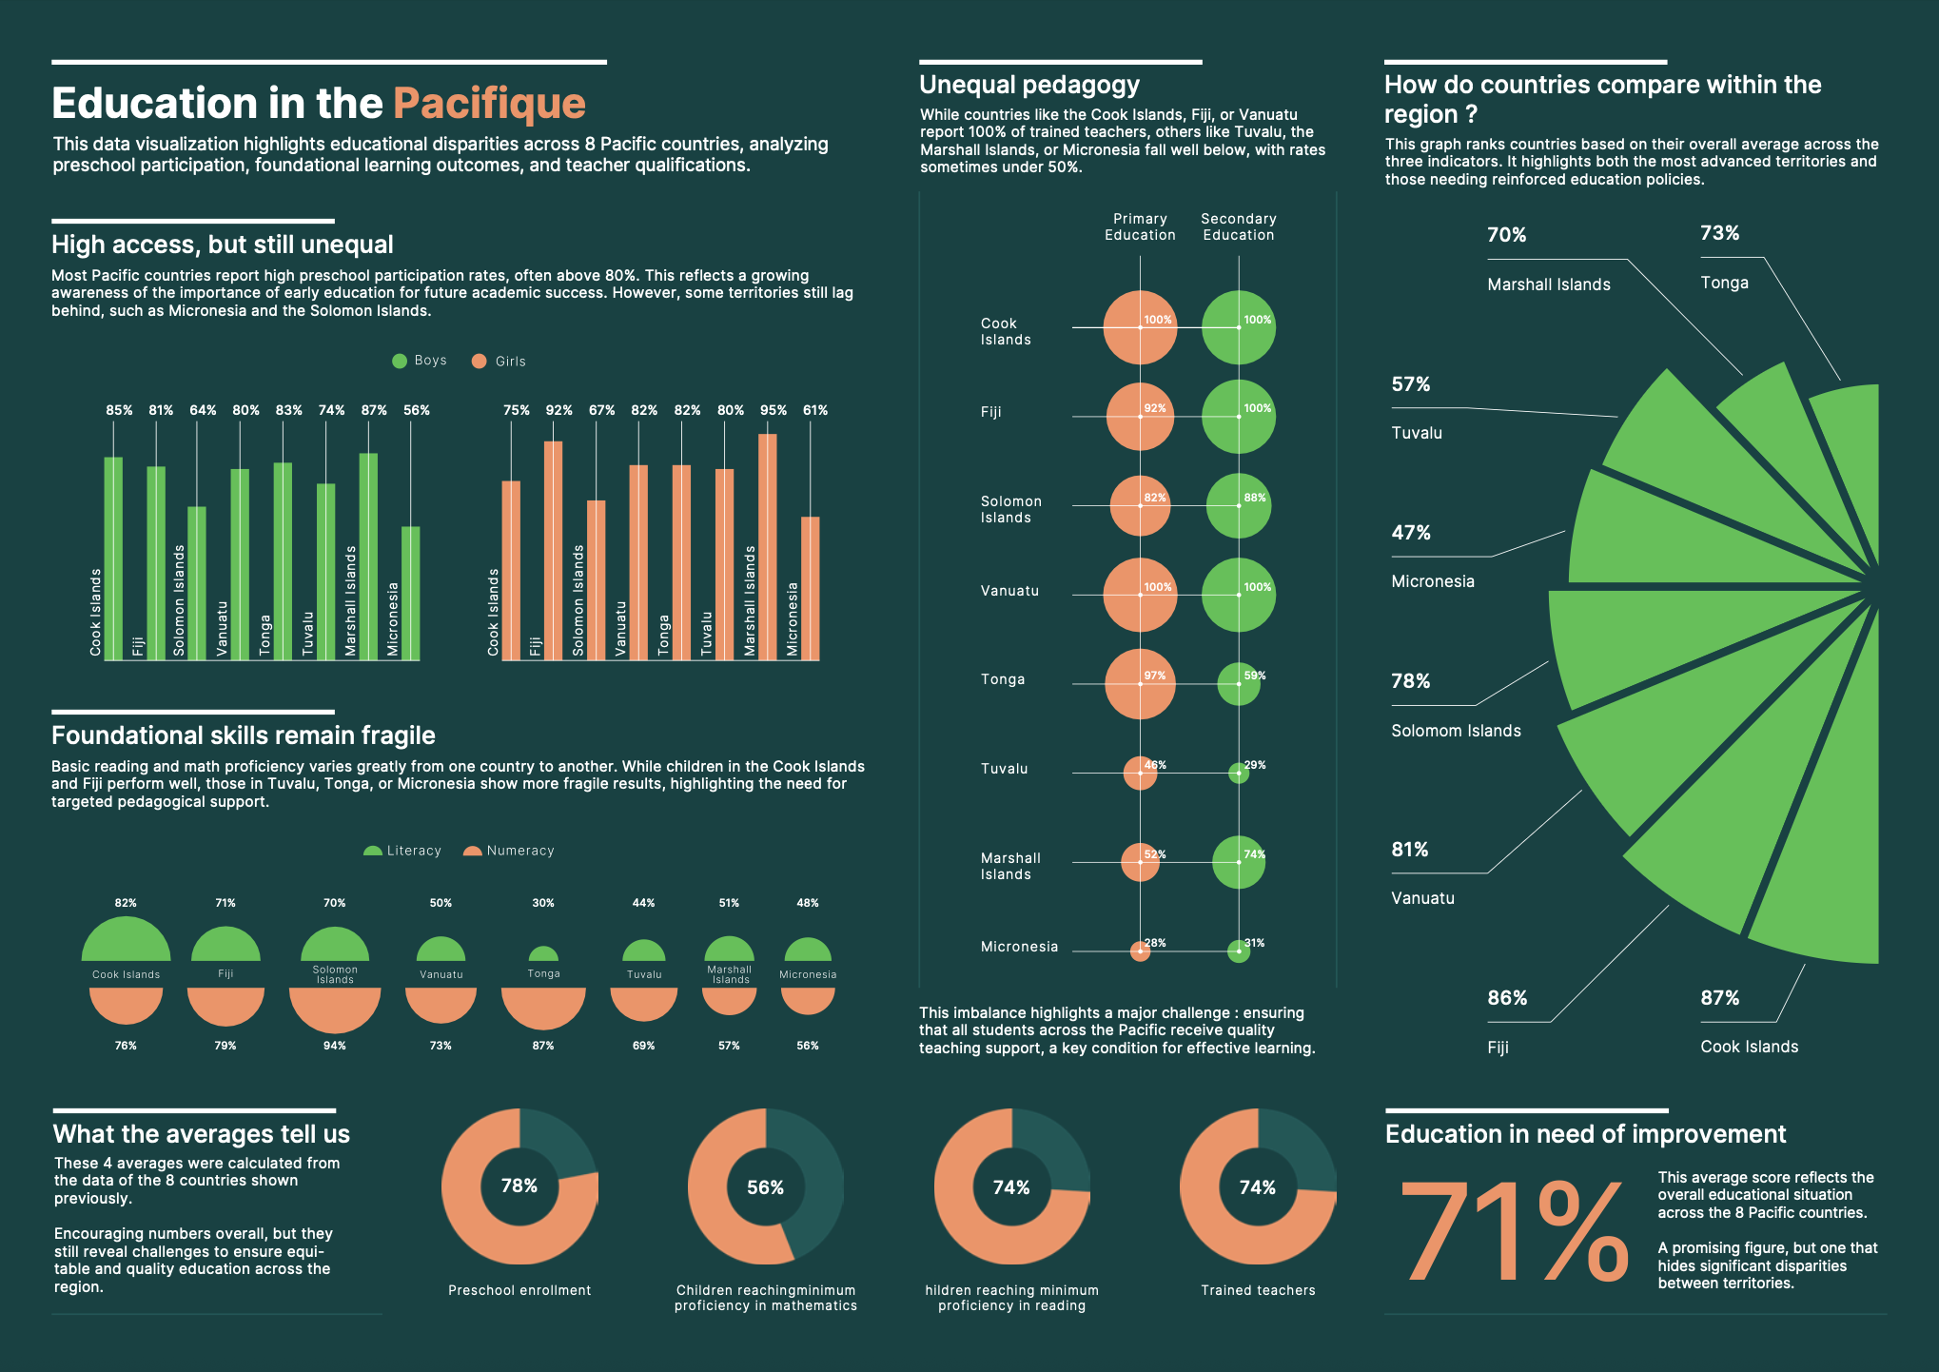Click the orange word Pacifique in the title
coord(489,103)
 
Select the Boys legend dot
coord(400,361)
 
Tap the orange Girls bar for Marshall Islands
coord(767,546)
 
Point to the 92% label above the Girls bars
coord(558,410)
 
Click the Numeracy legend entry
coord(509,851)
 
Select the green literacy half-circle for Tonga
coord(543,954)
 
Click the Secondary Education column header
coord(1238,226)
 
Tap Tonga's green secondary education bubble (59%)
coord(1239,684)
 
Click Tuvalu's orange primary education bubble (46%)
coord(1140,773)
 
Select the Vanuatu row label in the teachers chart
coord(1009,591)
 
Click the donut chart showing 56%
coord(765,1186)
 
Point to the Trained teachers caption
coord(1258,1290)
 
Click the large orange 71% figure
coord(1513,1232)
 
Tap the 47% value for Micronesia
coord(1411,533)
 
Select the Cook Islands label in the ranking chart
coord(1749,1047)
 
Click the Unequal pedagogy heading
coord(1028,85)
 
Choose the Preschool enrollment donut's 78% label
coord(519,1186)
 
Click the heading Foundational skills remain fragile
coord(243,735)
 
